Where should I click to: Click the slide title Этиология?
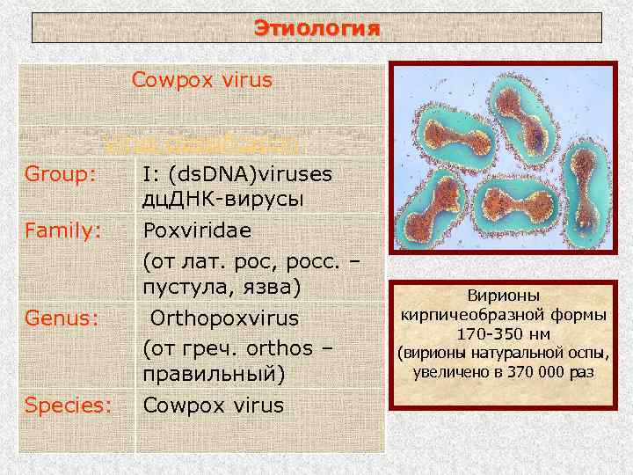click(316, 28)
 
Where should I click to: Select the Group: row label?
click(60, 175)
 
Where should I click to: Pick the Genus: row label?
click(60, 318)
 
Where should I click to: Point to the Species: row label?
click(69, 405)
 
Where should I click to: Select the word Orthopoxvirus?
click(223, 318)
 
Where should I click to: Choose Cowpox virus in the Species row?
click(214, 405)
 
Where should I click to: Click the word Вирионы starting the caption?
click(505, 296)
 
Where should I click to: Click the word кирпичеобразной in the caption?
click(472, 316)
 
